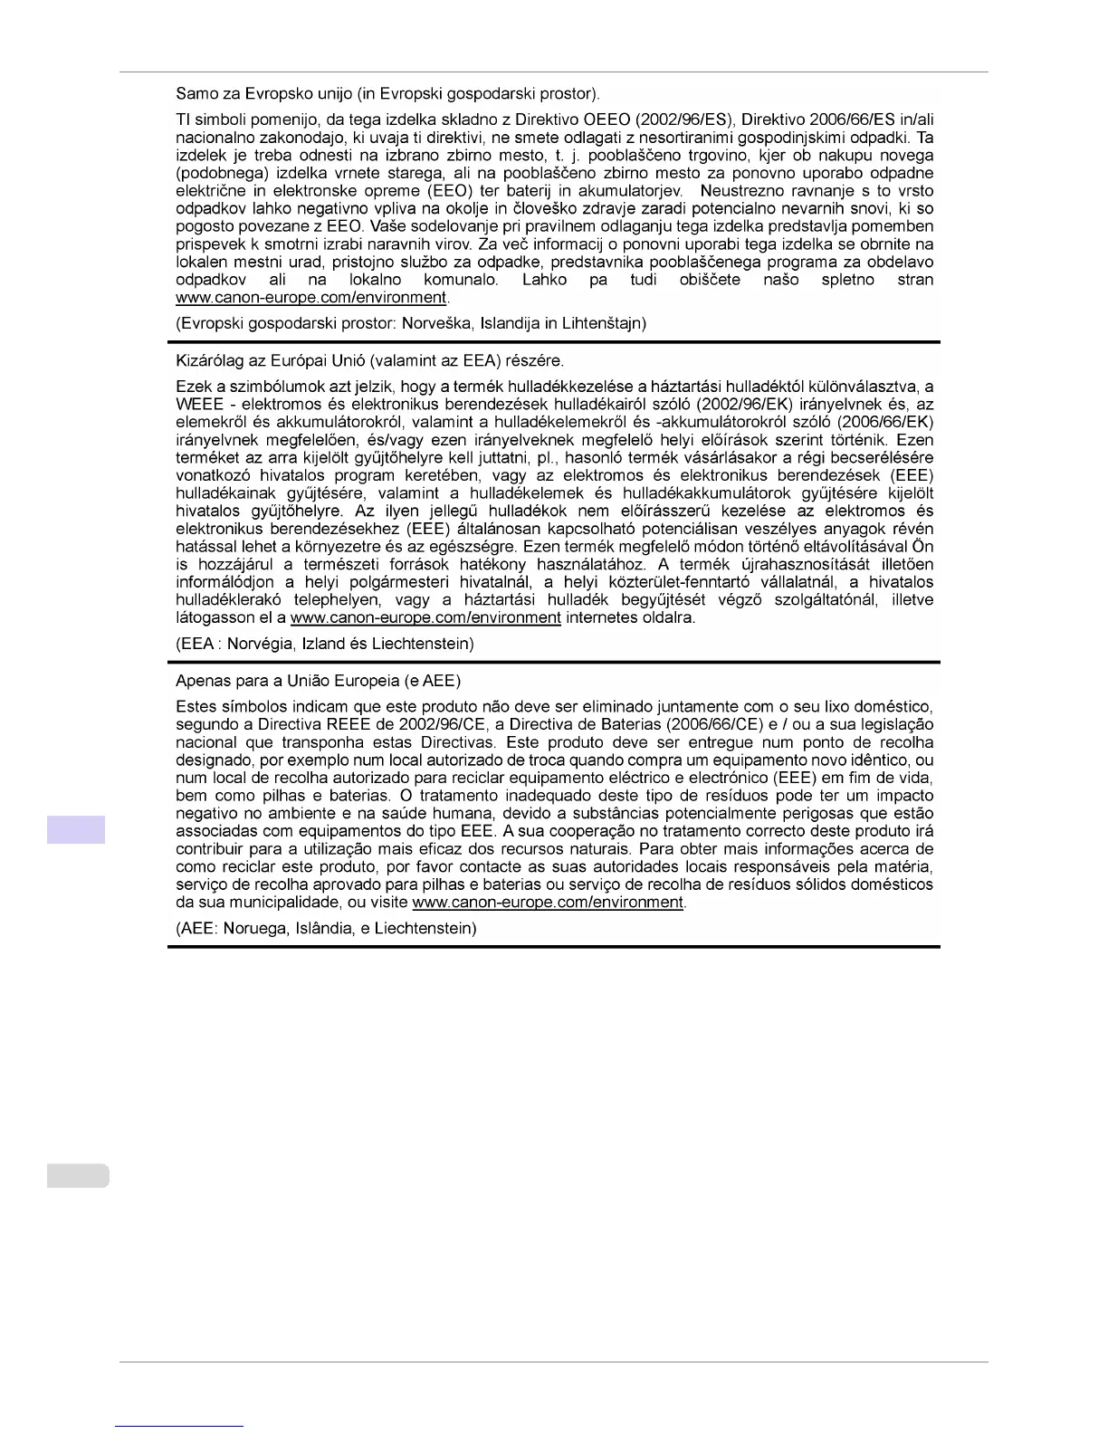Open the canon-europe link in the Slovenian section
click(x=311, y=297)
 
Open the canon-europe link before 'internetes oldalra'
click(x=425, y=617)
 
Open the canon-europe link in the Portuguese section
click(x=547, y=903)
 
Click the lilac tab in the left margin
click(x=76, y=829)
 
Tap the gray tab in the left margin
click(x=77, y=1175)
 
